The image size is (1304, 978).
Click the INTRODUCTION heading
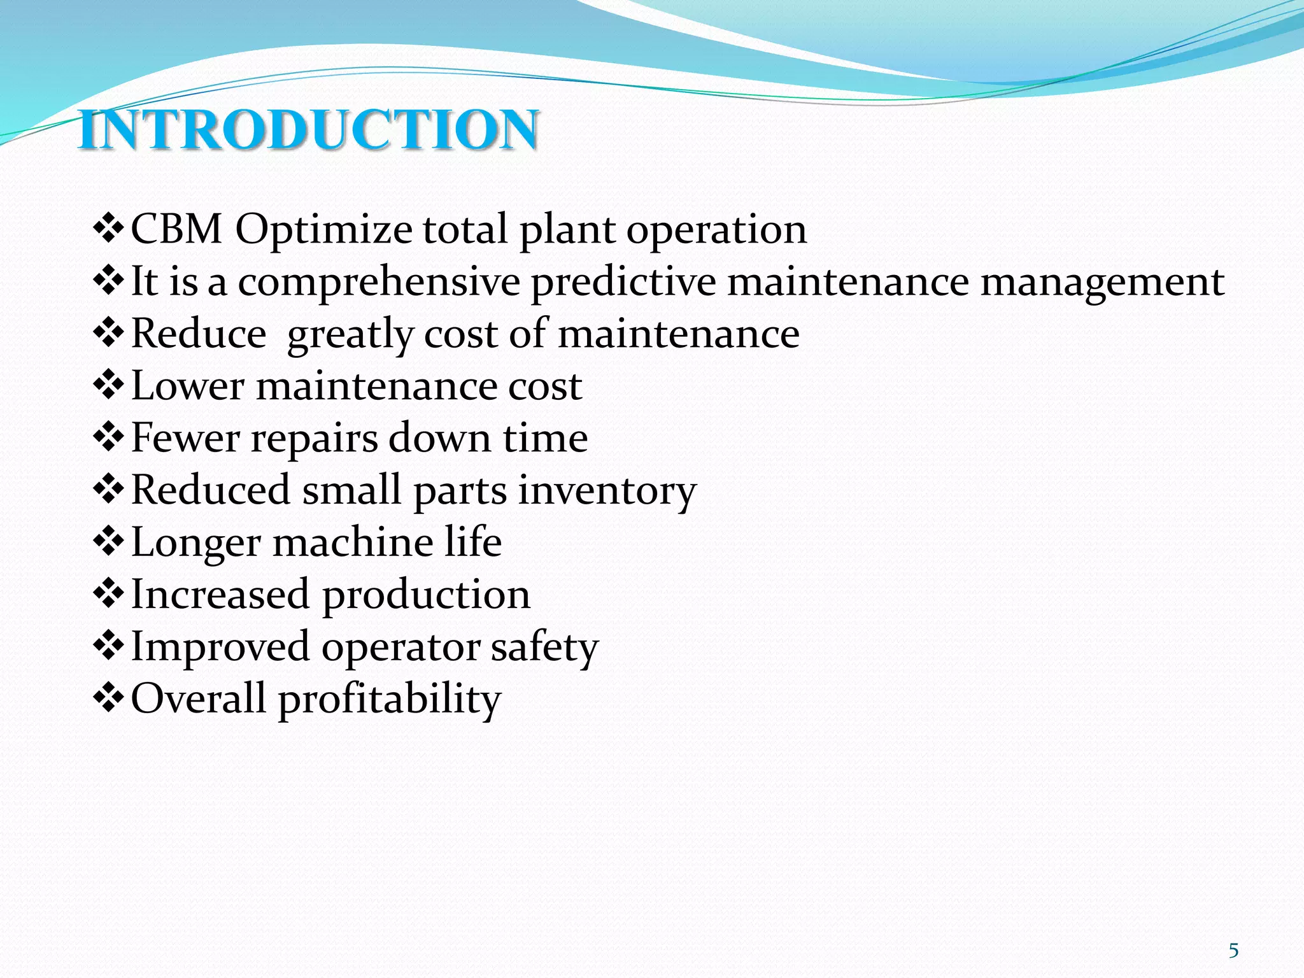[x=309, y=130]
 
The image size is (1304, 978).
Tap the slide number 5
[x=1233, y=951]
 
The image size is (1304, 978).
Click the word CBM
[x=176, y=229]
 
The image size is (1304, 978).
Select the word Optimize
[x=323, y=230]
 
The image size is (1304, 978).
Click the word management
[x=1102, y=283]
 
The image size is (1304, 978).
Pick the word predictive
[x=623, y=283]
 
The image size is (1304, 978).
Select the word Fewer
[x=185, y=438]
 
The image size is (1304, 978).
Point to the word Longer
[x=196, y=543]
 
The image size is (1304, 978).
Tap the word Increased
[x=220, y=595]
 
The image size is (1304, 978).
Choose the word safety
[x=544, y=648]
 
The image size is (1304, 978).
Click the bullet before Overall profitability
[x=109, y=698]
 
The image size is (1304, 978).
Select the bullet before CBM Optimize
[x=109, y=229]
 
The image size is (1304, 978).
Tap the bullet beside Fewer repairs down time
[x=109, y=437]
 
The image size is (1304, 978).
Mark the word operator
[x=400, y=648]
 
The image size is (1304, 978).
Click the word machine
[x=353, y=543]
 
